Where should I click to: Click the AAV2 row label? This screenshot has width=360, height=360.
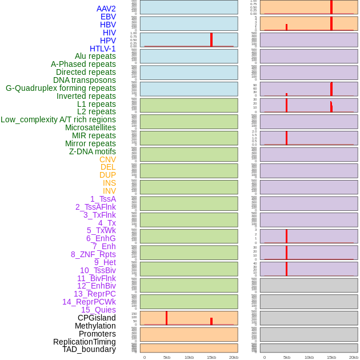click(106, 9)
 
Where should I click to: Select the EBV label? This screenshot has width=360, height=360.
click(108, 17)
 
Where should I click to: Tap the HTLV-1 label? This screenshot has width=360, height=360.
click(102, 49)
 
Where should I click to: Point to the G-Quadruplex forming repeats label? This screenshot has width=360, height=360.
click(61, 88)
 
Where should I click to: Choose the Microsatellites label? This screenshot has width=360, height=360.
click(90, 127)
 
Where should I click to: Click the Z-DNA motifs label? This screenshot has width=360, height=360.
click(92, 151)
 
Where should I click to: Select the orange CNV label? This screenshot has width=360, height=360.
click(107, 159)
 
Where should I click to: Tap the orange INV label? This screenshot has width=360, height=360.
click(109, 191)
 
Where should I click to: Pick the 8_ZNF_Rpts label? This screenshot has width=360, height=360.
click(93, 254)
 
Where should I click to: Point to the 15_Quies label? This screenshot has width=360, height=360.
click(98, 310)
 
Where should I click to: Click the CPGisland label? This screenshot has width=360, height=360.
click(97, 318)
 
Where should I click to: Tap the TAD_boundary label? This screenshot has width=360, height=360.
click(89, 349)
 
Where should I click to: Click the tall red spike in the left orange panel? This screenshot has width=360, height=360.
click(166, 318)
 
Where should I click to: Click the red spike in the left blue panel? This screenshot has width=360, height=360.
click(211, 39)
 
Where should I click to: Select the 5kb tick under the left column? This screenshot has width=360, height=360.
click(167, 357)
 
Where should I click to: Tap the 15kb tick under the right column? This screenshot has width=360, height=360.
click(331, 357)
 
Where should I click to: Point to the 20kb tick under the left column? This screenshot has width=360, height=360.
click(234, 357)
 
